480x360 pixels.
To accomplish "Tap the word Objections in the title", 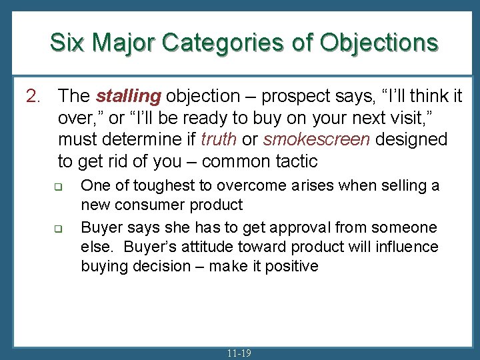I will tap(379, 42).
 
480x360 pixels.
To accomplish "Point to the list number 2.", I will tap(33, 96).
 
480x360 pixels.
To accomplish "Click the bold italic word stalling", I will tap(128, 96).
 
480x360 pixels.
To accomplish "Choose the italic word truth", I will tap(218, 139).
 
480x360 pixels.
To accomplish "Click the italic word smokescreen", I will tap(307, 139).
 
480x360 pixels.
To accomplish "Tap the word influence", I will tap(405, 247).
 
